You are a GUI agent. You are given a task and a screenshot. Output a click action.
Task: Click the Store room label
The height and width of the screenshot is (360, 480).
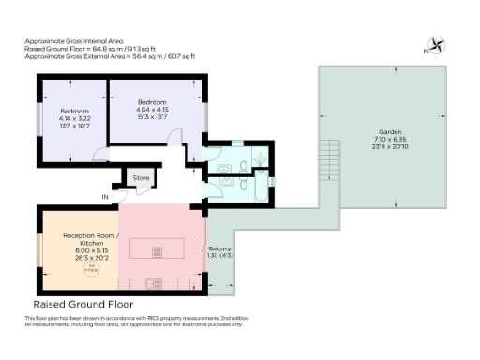click(141, 177)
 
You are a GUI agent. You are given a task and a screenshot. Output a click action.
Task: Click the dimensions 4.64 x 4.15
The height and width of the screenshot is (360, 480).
click(152, 109)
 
